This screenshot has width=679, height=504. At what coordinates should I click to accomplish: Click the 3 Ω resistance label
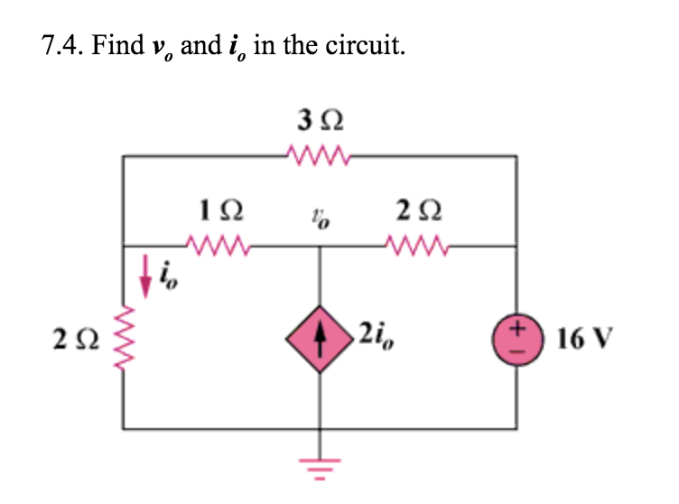point(321,120)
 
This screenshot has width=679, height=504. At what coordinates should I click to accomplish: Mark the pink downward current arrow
point(144,279)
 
